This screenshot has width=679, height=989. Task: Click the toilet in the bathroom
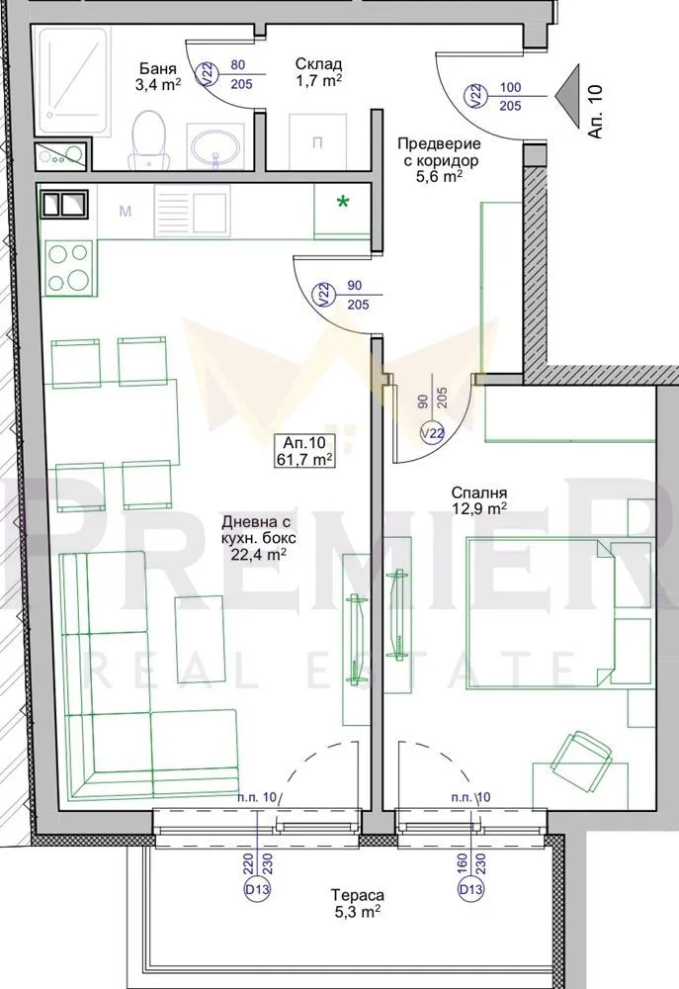[x=149, y=138]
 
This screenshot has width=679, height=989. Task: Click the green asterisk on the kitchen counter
[x=343, y=203]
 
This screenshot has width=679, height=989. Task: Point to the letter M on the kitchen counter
[x=126, y=211]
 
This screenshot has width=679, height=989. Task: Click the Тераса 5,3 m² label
[x=357, y=903]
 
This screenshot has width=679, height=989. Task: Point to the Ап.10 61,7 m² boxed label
[x=304, y=450]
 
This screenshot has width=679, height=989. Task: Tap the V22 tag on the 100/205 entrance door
[x=476, y=96]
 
